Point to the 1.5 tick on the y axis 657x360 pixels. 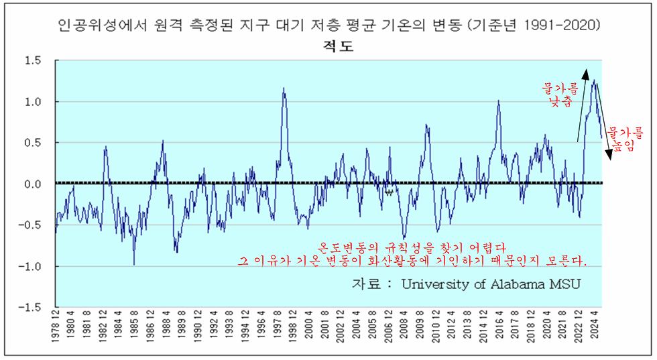(x=34, y=61)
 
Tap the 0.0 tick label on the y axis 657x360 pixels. (x=34, y=184)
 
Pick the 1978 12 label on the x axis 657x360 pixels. (x=56, y=331)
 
